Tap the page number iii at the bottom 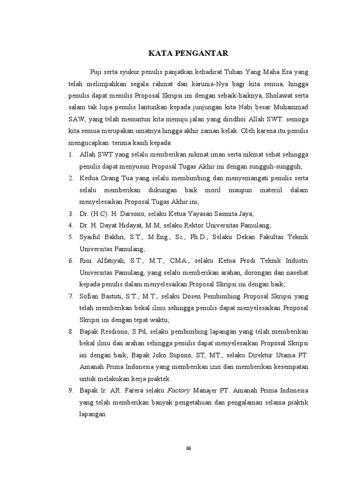tap(188, 448)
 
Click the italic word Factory tap(178, 390)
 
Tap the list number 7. tap(71, 297)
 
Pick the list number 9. tap(71, 390)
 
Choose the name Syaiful tap(91, 237)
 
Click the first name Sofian tap(90, 297)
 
